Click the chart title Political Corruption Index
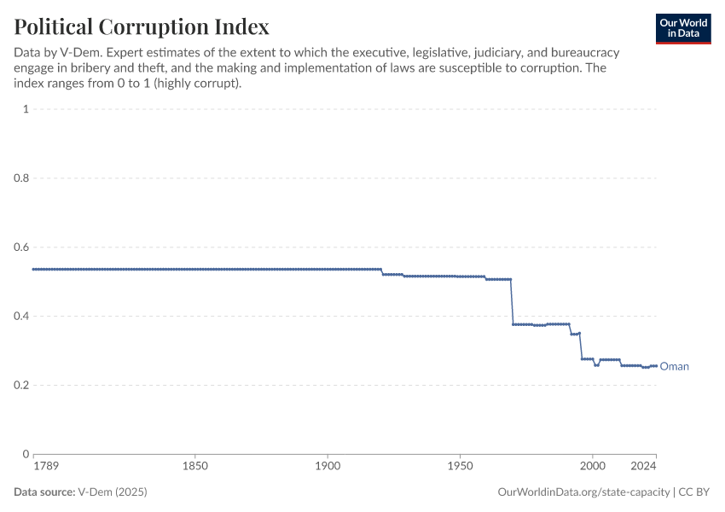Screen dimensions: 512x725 pos(142,26)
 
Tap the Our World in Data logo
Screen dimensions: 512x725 pos(683,28)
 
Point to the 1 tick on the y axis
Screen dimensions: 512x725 pos(26,109)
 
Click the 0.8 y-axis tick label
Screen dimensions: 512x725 pos(22,178)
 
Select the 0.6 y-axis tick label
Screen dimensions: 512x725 pos(22,247)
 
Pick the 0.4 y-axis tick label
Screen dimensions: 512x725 pos(22,317)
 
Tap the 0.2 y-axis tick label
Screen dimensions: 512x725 pos(22,386)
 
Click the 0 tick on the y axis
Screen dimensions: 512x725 pos(26,454)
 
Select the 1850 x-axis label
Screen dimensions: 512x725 pos(195,467)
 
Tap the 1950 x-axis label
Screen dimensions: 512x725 pos(460,467)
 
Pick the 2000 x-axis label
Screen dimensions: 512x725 pos(592,467)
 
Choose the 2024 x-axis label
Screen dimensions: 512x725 pos(644,467)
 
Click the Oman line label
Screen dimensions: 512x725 pos(674,367)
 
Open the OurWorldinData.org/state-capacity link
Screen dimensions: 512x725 pos(583,492)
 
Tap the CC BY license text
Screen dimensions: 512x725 pos(694,492)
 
